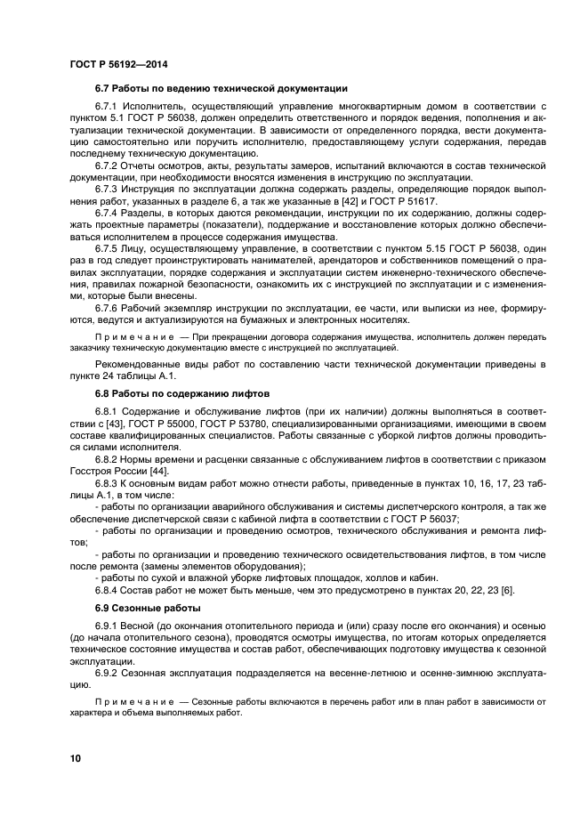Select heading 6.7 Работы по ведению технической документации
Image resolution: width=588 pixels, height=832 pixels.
click(221, 89)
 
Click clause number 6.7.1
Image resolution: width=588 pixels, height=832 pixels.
click(107, 107)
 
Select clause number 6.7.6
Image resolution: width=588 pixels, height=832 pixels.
click(107, 307)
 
